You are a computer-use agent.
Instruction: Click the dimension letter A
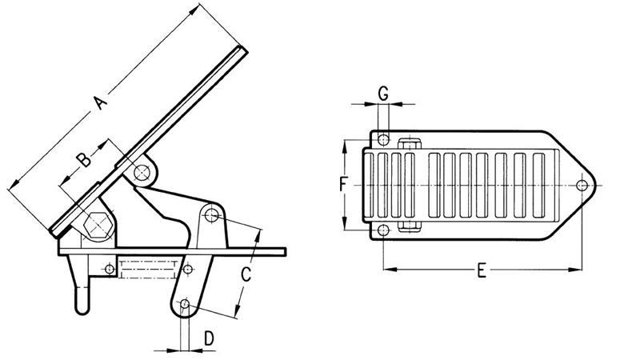[x=99, y=103]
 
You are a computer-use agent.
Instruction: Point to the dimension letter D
[x=208, y=338]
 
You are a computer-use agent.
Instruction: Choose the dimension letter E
[x=481, y=270]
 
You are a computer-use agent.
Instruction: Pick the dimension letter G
[x=383, y=94]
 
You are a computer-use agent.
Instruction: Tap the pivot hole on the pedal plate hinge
[x=143, y=172]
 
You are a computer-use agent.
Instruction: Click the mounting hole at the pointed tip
[x=582, y=186]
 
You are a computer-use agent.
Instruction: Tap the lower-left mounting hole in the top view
[x=383, y=232]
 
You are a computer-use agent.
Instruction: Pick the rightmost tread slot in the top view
[x=541, y=186]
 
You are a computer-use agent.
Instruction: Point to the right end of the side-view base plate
[x=283, y=252]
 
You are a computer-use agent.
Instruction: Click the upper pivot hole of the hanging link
[x=210, y=215]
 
